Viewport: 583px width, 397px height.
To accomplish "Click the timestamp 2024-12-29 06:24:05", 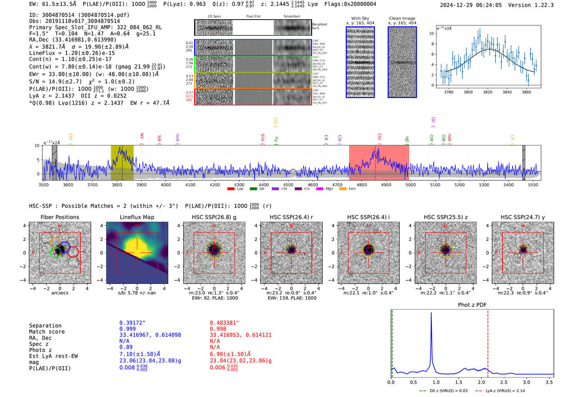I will click(471, 5).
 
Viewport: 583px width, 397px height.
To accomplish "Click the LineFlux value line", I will click(72, 53).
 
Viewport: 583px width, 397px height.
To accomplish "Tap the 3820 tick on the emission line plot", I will click(488, 92).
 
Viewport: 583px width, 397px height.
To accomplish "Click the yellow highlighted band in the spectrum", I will click(122, 162).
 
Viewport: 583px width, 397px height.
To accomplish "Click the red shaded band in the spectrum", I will click(379, 162).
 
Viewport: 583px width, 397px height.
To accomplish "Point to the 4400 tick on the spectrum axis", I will click(264, 185).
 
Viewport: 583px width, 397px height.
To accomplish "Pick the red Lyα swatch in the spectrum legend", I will click(231, 189).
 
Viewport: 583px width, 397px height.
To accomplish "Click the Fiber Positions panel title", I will click(60, 217).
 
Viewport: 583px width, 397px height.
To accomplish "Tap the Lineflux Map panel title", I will click(137, 217).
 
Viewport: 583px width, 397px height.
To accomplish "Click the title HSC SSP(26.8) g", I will click(214, 217).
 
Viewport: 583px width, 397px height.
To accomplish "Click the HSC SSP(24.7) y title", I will click(523, 217).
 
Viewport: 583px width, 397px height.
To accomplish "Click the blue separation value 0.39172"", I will click(132, 323).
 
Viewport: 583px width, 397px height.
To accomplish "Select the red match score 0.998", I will click(218, 329).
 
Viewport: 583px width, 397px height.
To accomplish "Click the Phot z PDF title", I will click(472, 305).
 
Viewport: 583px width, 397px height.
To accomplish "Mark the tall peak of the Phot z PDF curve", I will click(431, 313).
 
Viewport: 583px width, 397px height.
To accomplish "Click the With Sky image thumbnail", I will click(360, 62).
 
